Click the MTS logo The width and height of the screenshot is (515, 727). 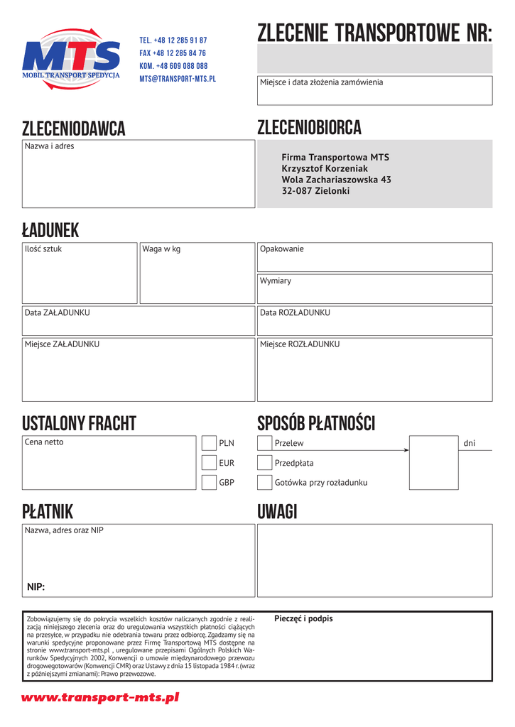71,59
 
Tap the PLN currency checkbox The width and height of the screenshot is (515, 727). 209,443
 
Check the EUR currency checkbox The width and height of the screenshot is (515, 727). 209,463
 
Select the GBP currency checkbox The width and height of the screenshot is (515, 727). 209,483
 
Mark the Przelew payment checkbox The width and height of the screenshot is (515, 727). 265,443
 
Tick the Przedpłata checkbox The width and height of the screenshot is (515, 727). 265,463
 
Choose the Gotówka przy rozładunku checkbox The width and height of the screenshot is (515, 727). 265,483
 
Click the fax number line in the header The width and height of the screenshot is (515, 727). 173,53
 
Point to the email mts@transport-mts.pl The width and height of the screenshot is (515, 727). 178,79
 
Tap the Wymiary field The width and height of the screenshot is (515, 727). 374,290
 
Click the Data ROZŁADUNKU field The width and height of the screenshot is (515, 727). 374,321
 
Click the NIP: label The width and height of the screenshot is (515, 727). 36,586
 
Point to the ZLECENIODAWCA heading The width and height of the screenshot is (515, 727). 74,129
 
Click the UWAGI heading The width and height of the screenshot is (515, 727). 277,512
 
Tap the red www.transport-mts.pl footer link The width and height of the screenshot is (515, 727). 100,698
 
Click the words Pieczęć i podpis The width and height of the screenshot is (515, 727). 303,618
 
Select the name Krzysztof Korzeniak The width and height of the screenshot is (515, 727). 325,168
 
